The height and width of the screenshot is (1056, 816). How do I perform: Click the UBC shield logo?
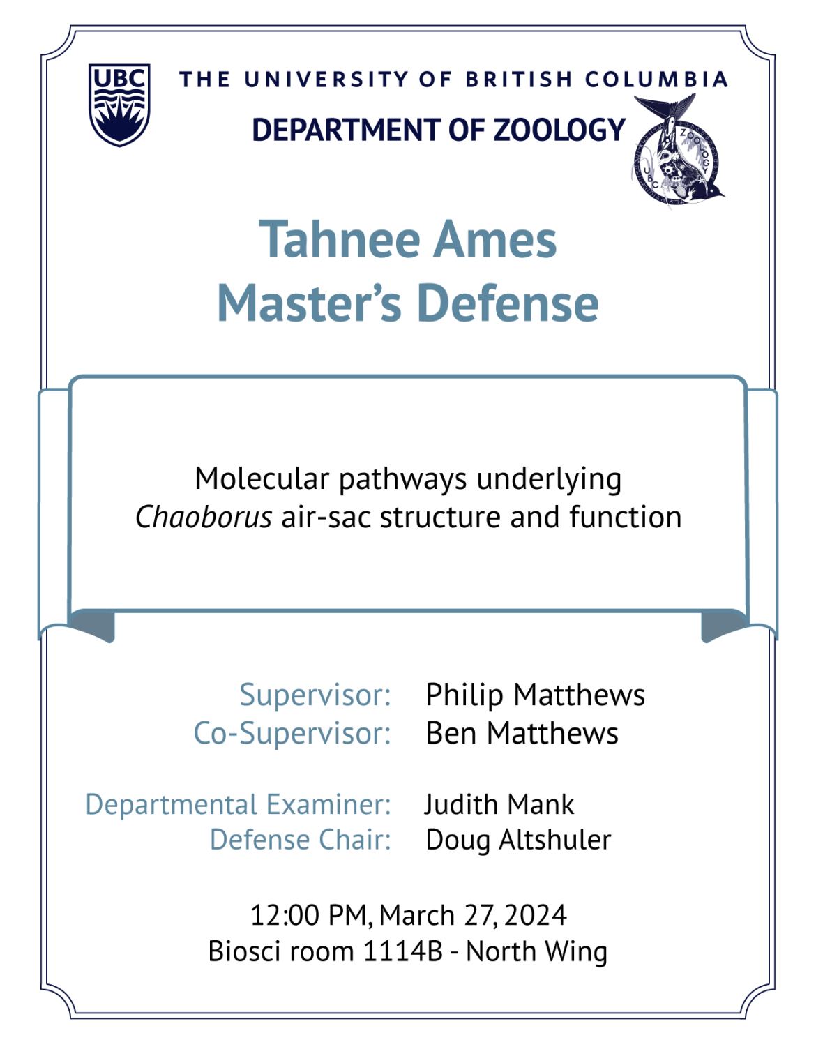tap(119, 105)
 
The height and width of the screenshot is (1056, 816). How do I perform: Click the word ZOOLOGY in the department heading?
tap(559, 130)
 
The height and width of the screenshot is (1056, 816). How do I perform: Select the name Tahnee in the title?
tap(340, 239)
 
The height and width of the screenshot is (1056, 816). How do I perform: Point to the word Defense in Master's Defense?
tap(508, 303)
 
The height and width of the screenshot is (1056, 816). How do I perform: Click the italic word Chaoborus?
tap(204, 517)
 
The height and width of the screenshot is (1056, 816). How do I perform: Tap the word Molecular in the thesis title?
tap(262, 478)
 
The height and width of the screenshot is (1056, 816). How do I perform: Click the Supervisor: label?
tap(315, 695)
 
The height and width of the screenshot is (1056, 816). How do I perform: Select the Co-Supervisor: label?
tap(292, 733)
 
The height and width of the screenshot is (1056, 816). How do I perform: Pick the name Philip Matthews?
tap(535, 695)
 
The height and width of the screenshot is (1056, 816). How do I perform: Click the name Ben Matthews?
tap(522, 733)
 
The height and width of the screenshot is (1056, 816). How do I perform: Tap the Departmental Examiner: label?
tap(239, 805)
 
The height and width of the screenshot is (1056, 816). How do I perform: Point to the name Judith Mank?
tap(499, 805)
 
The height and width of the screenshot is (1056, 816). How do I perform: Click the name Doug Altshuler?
tap(518, 840)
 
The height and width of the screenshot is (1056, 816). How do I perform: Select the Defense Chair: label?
tap(301, 840)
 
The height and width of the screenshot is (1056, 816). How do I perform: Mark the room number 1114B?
tap(403, 951)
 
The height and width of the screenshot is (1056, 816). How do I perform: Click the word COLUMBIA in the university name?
tap(656, 80)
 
